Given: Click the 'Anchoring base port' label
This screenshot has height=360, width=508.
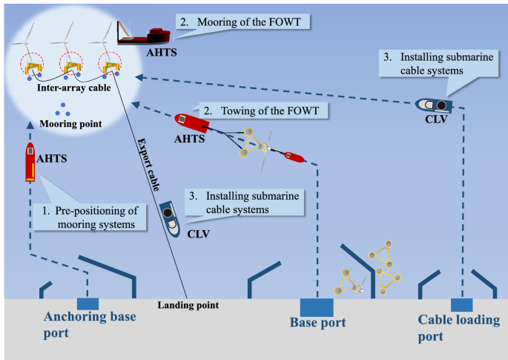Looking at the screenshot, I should click(89, 325).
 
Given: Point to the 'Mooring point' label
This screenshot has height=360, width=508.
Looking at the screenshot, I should click(65, 125).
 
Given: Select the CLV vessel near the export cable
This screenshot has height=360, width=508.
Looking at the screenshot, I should click(171, 217).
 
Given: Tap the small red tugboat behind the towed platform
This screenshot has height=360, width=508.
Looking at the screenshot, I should click(293, 157).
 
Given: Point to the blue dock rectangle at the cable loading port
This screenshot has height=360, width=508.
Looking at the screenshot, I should click(461, 304).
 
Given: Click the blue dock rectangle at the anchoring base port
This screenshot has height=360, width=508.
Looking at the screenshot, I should click(88, 304).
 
